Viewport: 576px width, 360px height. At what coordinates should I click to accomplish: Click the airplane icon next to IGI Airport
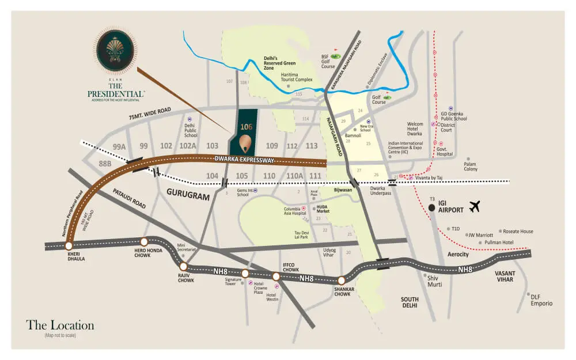[475, 206]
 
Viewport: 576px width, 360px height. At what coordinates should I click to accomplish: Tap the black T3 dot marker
[431, 208]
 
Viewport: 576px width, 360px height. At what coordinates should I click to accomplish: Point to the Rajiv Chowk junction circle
[183, 267]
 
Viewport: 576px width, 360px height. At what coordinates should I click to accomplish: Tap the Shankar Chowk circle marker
[342, 280]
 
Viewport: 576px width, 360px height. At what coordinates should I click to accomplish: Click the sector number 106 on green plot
[247, 126]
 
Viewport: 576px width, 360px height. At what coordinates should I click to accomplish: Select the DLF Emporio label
[541, 300]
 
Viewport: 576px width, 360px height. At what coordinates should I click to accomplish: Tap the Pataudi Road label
[129, 196]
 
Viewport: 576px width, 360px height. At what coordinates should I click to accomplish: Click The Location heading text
[60, 325]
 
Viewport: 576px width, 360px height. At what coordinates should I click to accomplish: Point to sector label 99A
[119, 146]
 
